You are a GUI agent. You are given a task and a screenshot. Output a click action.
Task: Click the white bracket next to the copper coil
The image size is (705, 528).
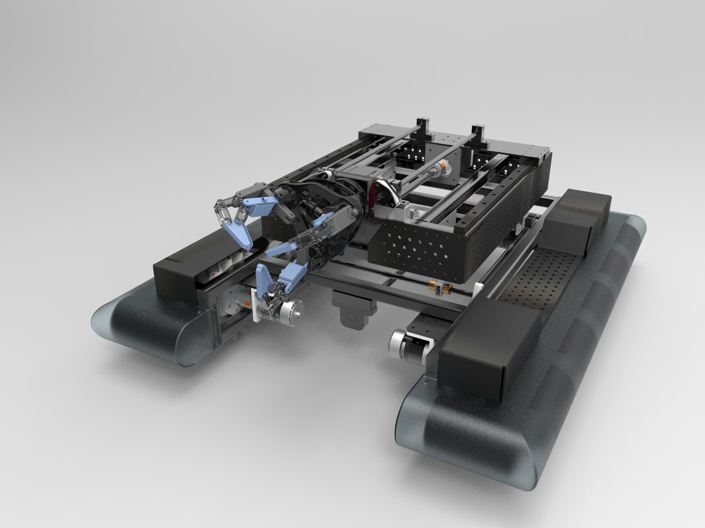pos(478,289)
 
